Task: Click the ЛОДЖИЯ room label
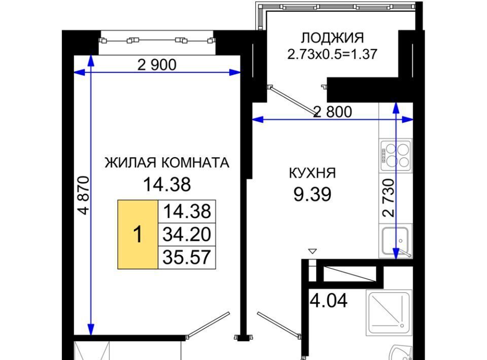pyautogui.click(x=332, y=38)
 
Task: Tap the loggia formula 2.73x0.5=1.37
pyautogui.click(x=332, y=54)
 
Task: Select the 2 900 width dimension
pyautogui.click(x=157, y=65)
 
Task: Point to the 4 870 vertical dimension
pyautogui.click(x=84, y=195)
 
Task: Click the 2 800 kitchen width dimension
pyautogui.click(x=333, y=112)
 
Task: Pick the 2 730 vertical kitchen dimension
pyautogui.click(x=389, y=198)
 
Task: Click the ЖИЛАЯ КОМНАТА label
pyautogui.click(x=167, y=163)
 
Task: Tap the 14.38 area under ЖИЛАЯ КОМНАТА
pyautogui.click(x=167, y=185)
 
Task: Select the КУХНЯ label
pyautogui.click(x=312, y=173)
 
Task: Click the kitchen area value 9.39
pyautogui.click(x=312, y=195)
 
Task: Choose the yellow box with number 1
pyautogui.click(x=137, y=234)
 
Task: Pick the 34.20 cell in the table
pyautogui.click(x=187, y=234)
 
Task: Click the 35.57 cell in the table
pyautogui.click(x=187, y=257)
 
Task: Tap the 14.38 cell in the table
pyautogui.click(x=187, y=211)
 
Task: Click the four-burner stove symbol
pyautogui.click(x=396, y=156)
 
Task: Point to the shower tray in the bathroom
pyautogui.click(x=389, y=312)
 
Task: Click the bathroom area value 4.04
pyautogui.click(x=329, y=300)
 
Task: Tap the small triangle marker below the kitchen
pyautogui.click(x=312, y=251)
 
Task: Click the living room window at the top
pyautogui.click(x=157, y=41)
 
